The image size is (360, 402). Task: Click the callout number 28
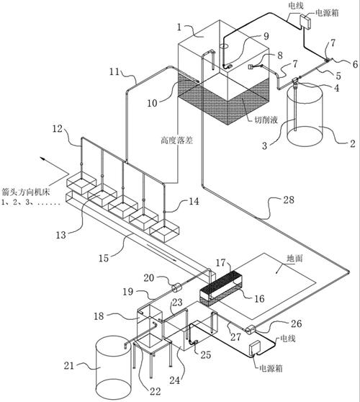(288, 200)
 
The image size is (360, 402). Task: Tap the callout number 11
(114, 71)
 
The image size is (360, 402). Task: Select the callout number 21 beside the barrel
(69, 365)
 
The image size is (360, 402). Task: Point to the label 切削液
(266, 120)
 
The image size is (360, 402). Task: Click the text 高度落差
(177, 140)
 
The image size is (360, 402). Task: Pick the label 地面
(294, 259)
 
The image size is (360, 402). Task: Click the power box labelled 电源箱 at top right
(305, 22)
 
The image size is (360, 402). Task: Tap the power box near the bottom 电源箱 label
(256, 349)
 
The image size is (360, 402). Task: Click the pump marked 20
(176, 287)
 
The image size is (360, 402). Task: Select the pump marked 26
(251, 329)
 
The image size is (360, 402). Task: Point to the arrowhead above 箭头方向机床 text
(42, 159)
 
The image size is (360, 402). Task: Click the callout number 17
(220, 262)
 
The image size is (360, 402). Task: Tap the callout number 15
(104, 258)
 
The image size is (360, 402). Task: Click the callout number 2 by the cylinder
(353, 143)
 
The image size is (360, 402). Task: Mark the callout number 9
(266, 36)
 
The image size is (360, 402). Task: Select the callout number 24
(175, 380)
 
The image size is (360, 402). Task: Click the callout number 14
(194, 201)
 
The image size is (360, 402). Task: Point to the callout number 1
(179, 27)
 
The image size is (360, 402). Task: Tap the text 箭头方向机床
(25, 192)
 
